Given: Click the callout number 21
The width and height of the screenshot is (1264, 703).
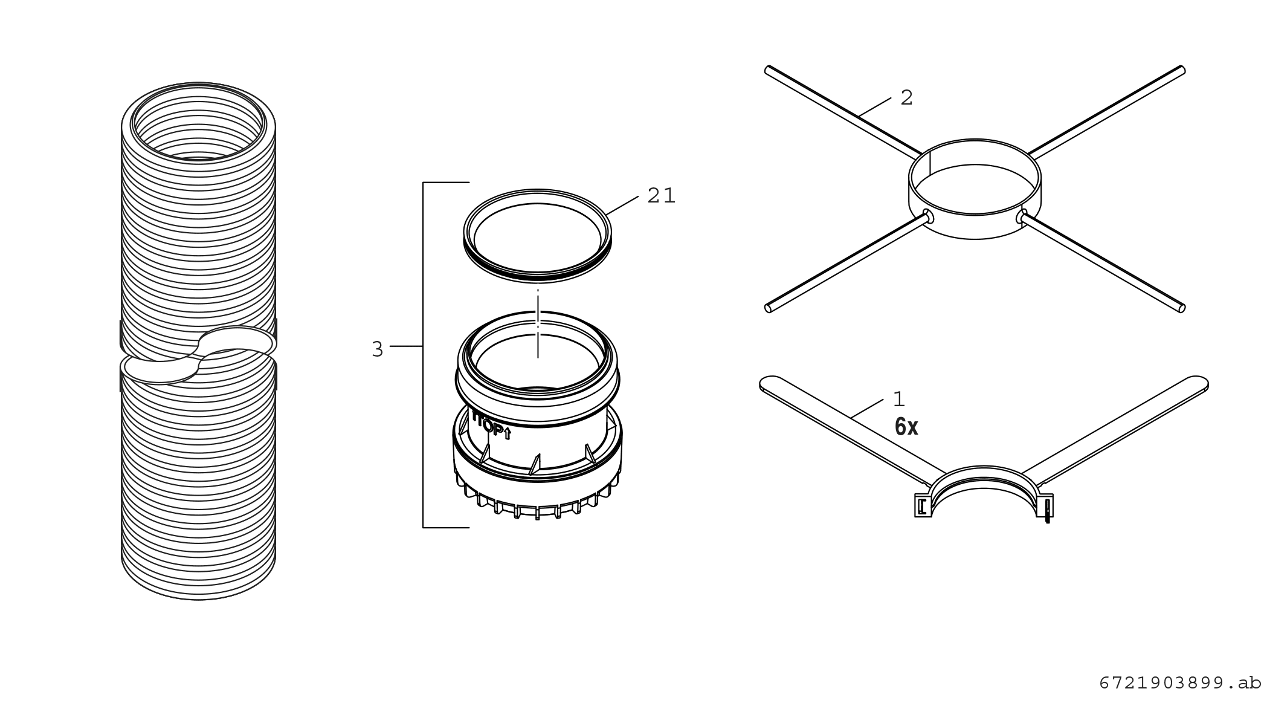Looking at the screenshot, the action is [x=661, y=195].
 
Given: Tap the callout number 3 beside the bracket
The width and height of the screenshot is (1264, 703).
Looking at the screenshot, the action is [x=378, y=349].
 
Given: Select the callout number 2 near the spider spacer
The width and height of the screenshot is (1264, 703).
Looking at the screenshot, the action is [x=906, y=98].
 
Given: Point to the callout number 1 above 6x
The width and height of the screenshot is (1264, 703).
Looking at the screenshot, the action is [x=899, y=399].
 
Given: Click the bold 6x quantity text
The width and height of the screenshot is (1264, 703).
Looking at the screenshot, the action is [x=906, y=427].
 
